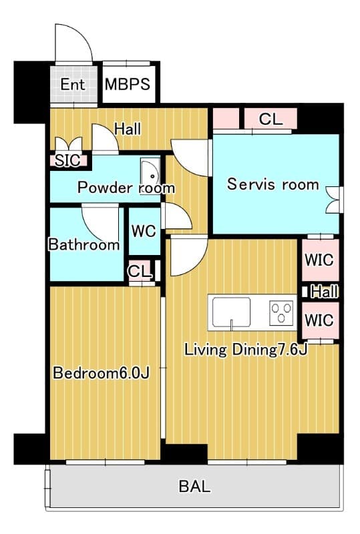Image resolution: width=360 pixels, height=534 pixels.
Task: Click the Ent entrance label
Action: click(x=73, y=85)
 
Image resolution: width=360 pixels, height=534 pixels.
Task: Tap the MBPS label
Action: click(x=128, y=85)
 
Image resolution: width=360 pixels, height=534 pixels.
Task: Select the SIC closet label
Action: click(x=67, y=160)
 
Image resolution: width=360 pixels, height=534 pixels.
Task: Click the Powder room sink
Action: click(x=150, y=176)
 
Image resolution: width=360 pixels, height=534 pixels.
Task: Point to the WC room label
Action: click(x=144, y=231)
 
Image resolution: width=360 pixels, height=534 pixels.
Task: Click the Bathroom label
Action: click(x=84, y=245)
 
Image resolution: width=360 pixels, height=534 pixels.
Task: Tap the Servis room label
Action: click(x=273, y=184)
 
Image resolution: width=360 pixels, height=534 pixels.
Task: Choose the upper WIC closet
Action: click(x=320, y=260)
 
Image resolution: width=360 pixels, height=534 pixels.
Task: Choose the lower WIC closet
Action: click(x=320, y=320)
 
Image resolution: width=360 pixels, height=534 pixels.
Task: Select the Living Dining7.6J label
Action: click(x=246, y=350)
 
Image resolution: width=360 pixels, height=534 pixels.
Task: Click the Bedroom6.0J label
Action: click(x=102, y=373)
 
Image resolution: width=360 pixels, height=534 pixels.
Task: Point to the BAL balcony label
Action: click(x=194, y=487)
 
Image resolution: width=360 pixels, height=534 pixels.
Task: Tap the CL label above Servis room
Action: click(x=271, y=119)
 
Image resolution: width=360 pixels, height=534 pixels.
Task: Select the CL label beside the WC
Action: click(x=140, y=272)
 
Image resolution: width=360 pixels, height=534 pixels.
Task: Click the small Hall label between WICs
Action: click(x=325, y=292)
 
